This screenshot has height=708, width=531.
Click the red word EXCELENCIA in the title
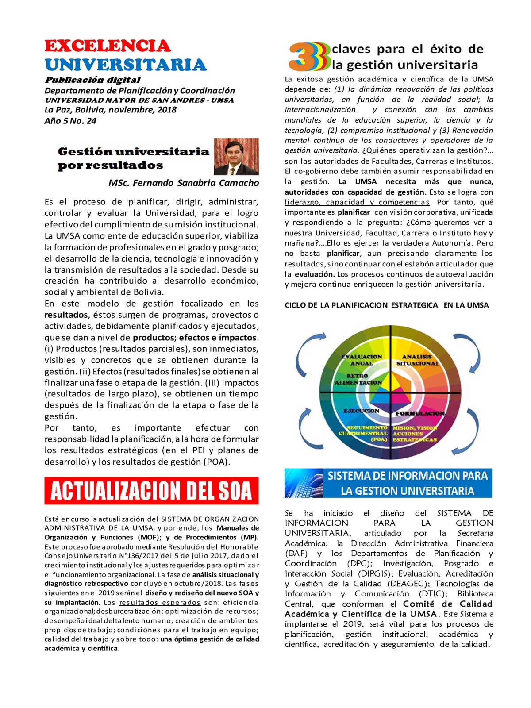coord(108,46)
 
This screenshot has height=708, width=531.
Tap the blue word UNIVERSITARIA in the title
coord(126,65)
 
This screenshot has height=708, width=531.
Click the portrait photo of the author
coord(236,157)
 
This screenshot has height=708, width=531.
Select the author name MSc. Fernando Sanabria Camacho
coord(184,183)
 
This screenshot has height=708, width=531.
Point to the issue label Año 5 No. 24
coord(70,121)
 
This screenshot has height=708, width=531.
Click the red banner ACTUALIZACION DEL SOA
coord(151,491)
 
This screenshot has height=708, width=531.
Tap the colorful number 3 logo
coord(309,57)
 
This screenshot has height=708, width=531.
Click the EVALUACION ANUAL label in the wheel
coord(362,360)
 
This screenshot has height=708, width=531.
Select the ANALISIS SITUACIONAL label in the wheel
coord(417,360)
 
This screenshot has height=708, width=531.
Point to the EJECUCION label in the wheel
coord(362,411)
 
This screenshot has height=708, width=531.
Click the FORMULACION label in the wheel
coord(420,413)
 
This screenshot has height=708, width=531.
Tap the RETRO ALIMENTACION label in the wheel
coord(358,379)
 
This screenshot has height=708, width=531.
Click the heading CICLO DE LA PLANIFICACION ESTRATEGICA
coord(386,305)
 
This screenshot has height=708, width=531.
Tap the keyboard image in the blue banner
coord(304,483)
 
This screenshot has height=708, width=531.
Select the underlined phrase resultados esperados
coord(160,602)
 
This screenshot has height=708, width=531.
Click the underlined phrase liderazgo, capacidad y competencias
coord(357,202)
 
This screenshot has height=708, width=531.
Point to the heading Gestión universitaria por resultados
coord(133,158)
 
